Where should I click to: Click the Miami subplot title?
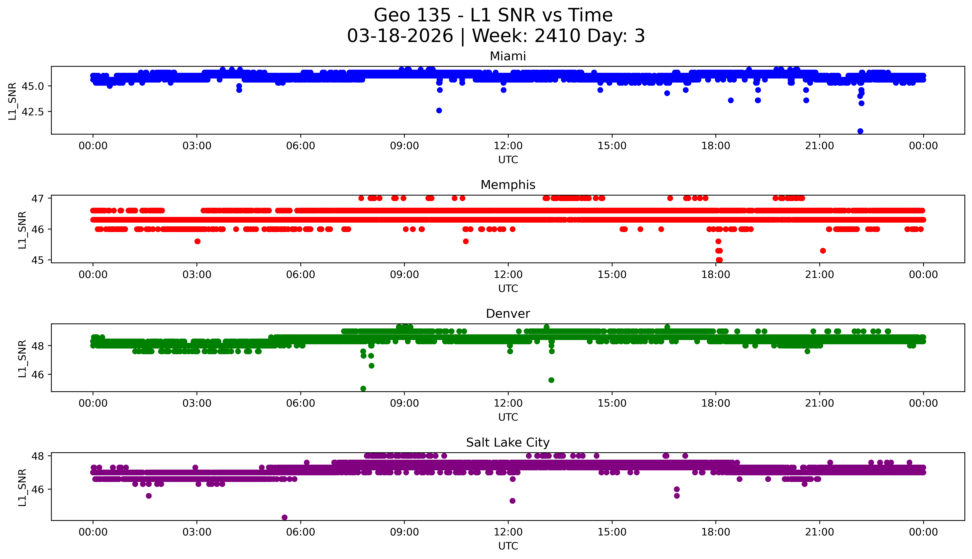[508, 56]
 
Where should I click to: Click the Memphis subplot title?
[508, 185]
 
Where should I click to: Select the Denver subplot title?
[508, 314]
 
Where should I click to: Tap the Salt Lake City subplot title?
[508, 443]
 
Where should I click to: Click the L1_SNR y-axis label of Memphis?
[22, 230]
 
